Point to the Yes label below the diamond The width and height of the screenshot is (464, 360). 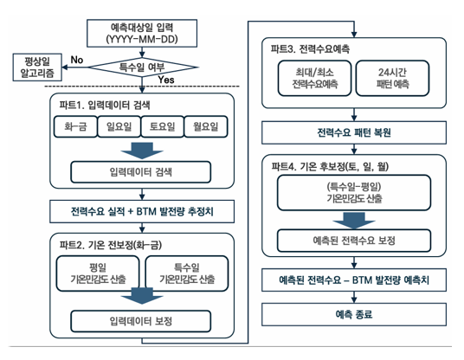167,80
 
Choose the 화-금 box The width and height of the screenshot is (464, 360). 76,127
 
